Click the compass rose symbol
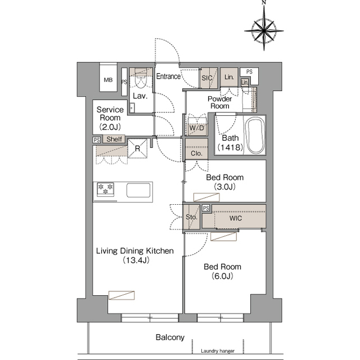pyautogui.click(x=263, y=28)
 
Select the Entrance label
pyautogui.click(x=168, y=76)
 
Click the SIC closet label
pyautogui.click(x=206, y=78)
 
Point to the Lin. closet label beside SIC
pyautogui.click(x=229, y=77)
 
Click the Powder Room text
pyautogui.click(x=219, y=102)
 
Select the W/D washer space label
pyautogui.click(x=196, y=128)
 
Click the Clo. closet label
pyautogui.click(x=196, y=153)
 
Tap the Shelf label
pyautogui.click(x=114, y=139)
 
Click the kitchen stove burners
pyautogui.click(x=106, y=190)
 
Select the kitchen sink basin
pyautogui.click(x=138, y=190)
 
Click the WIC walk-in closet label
pyautogui.click(x=236, y=218)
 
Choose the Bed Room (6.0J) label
pyautogui.click(x=222, y=271)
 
